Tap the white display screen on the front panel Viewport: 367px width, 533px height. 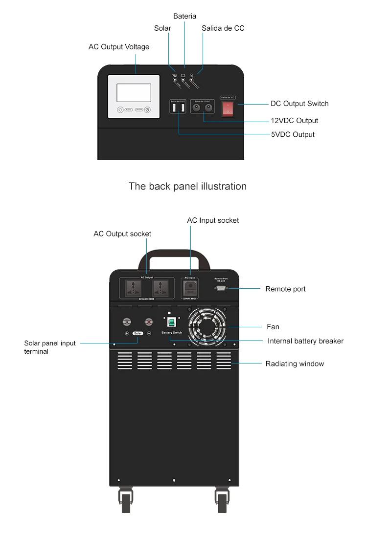click(134, 92)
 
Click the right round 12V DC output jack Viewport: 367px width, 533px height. click(209, 108)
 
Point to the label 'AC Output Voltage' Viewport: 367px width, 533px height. click(119, 47)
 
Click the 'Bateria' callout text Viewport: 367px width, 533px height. click(184, 17)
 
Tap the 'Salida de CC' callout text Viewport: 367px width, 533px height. click(223, 28)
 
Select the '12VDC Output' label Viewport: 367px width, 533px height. click(295, 121)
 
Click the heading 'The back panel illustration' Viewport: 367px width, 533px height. click(187, 186)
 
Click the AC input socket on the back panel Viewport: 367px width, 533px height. click(190, 287)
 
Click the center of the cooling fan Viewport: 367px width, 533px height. click(206, 326)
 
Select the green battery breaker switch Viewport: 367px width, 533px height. click(172, 322)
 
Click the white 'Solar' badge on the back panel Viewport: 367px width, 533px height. click(138, 333)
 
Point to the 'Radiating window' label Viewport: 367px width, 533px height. click(295, 363)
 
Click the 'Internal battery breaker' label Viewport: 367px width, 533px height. click(305, 341)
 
